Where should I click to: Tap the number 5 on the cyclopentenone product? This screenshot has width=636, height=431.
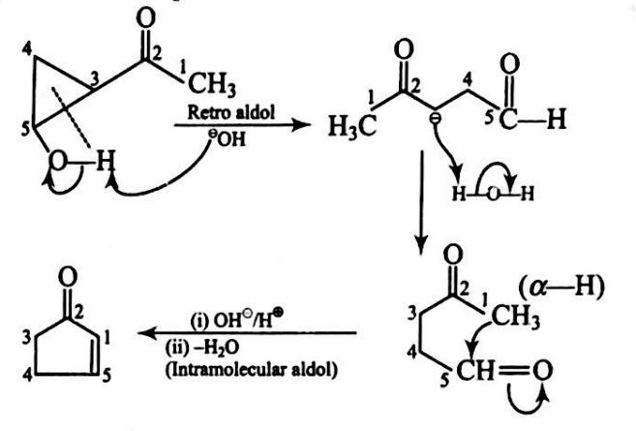coord(114,366)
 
